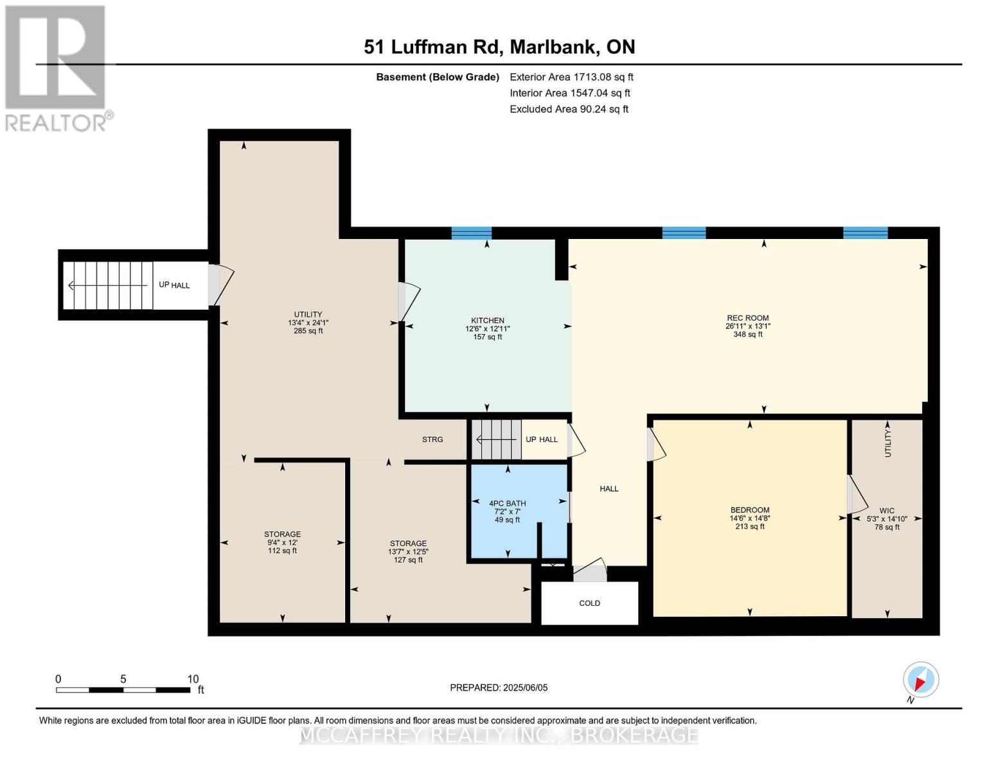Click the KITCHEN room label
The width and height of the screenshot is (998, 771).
pyautogui.click(x=488, y=320)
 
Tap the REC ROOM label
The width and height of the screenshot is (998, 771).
pyautogui.click(x=747, y=317)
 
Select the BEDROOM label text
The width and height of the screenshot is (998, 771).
pyautogui.click(x=749, y=510)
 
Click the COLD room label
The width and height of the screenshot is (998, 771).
pyautogui.click(x=589, y=603)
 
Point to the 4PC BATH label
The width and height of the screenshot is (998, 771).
pyautogui.click(x=507, y=503)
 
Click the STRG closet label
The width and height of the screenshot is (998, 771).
pyautogui.click(x=432, y=439)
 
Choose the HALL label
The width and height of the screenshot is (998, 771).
pyautogui.click(x=609, y=488)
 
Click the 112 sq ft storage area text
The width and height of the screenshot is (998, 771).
pyautogui.click(x=282, y=551)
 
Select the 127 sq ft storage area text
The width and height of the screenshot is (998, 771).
pyautogui.click(x=408, y=560)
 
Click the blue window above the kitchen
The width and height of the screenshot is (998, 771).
pyautogui.click(x=471, y=233)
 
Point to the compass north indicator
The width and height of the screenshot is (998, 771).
pyautogui.click(x=920, y=680)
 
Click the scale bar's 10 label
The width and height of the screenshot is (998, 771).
pyautogui.click(x=193, y=678)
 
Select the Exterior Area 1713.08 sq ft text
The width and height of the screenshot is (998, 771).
pyautogui.click(x=571, y=76)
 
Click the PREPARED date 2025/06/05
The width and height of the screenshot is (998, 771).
pyautogui.click(x=525, y=687)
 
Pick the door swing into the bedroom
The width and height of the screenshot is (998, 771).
pyautogui.click(x=657, y=445)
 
